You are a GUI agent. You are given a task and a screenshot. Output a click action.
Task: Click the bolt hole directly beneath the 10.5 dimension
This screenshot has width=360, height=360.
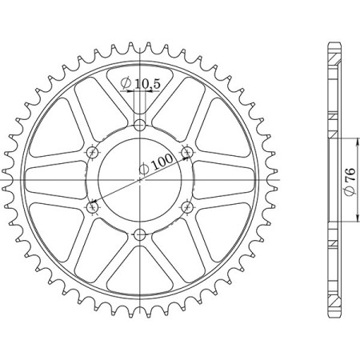coord(140,124)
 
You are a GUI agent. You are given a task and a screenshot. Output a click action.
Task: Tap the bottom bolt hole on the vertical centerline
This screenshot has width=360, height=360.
coord(140,234)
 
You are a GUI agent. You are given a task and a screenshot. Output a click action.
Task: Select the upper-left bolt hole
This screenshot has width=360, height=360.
coord(92,151)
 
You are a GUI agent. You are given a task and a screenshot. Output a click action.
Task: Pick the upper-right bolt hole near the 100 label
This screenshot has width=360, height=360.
coord(188,151)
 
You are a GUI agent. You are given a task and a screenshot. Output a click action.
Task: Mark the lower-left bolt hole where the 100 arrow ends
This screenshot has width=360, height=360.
coord(92,207)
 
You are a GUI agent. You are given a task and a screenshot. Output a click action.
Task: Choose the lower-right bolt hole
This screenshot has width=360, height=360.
coord(188,207)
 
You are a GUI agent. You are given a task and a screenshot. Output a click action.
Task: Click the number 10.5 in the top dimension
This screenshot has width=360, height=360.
coord(146,83)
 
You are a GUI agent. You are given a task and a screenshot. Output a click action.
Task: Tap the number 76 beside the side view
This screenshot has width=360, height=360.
coord(350,177)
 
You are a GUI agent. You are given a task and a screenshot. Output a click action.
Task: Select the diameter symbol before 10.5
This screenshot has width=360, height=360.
coord(126,83)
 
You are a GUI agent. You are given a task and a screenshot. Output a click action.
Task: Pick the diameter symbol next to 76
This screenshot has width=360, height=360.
coord(350,192)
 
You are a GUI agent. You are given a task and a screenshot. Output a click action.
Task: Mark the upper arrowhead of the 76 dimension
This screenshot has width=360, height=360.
coord(353,141)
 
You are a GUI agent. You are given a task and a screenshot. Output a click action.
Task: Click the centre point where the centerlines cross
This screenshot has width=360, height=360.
coord(140,179)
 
